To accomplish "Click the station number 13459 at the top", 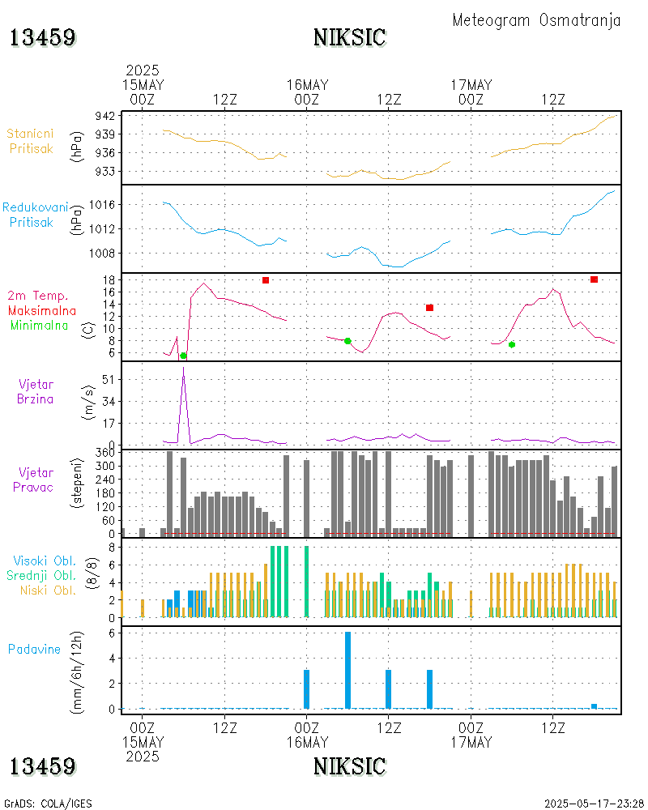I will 43,37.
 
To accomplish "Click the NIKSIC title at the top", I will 349,37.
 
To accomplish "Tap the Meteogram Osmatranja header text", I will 536,20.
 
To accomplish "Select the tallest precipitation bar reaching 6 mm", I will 347,670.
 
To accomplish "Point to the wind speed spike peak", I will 184,369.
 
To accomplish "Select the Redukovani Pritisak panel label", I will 35,215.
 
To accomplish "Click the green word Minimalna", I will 43,326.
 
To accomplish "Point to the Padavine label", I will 35,649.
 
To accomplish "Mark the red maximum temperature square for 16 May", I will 429,308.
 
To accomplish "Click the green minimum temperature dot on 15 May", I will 183,356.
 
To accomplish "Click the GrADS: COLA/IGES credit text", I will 48,804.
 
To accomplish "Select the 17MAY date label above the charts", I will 471,84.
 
